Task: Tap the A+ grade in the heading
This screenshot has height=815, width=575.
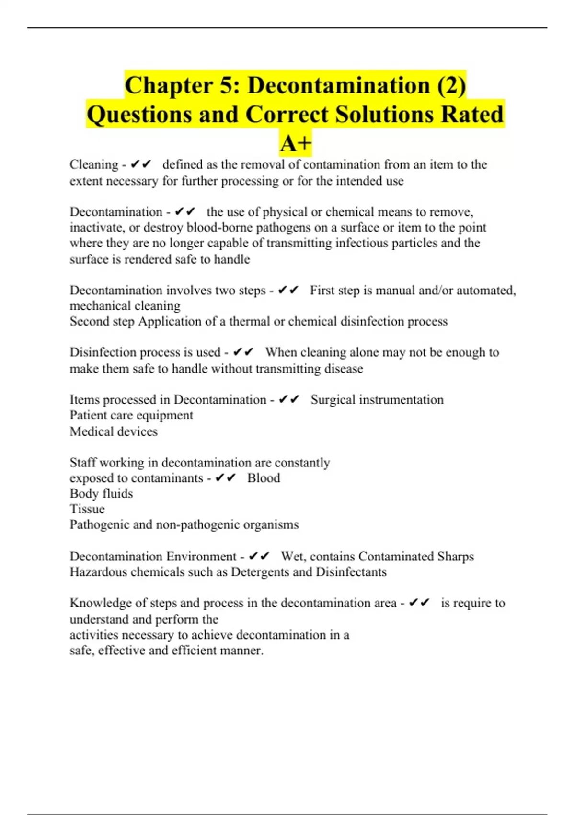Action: click(x=296, y=143)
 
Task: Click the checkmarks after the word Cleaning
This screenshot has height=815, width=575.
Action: click(x=141, y=164)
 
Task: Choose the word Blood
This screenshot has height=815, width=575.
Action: click(x=264, y=478)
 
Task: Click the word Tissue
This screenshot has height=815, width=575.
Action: click(x=87, y=509)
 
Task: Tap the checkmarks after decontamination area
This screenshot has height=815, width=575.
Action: click(x=419, y=603)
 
